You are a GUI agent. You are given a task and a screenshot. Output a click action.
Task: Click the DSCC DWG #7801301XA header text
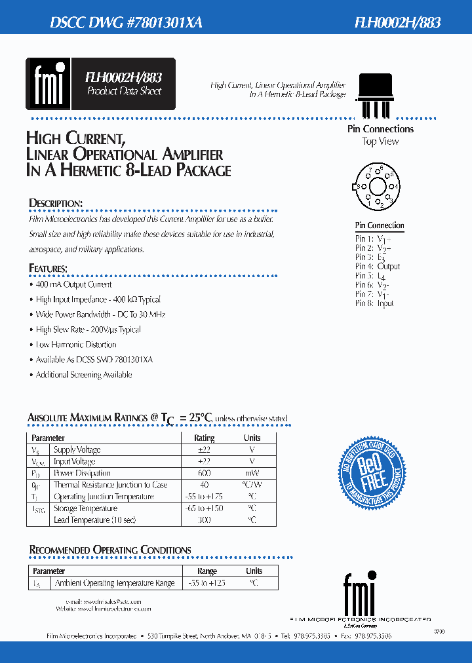126,22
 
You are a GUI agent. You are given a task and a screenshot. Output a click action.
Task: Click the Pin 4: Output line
378,267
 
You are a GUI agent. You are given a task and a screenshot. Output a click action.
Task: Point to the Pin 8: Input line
374,303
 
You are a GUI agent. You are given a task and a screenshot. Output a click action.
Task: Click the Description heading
56,203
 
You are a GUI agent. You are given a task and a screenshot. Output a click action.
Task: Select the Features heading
49,269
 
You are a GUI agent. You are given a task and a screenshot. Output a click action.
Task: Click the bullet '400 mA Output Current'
73,285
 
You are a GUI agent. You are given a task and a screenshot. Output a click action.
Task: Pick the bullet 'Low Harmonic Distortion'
76,345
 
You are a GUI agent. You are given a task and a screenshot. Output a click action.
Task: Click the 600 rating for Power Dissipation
204,473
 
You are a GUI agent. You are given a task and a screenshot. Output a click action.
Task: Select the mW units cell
252,473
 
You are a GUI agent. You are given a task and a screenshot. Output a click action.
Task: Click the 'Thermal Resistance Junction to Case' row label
110,485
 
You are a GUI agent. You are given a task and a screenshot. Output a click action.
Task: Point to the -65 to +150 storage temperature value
205,508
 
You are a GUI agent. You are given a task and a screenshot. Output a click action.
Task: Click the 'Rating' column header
204,438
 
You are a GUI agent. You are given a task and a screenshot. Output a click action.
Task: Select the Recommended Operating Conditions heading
110,550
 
